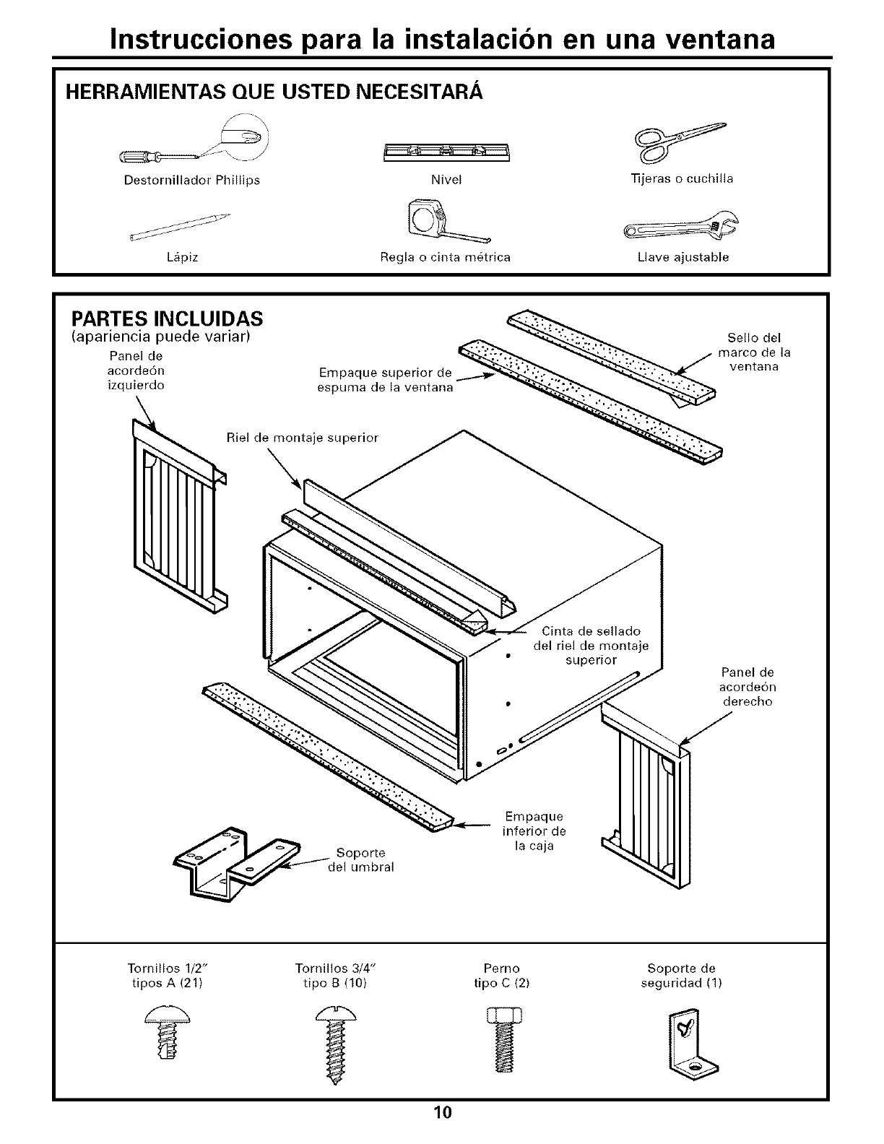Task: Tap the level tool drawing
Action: pyautogui.click(x=446, y=151)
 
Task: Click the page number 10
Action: pyautogui.click(x=442, y=1111)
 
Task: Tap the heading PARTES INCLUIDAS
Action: pyautogui.click(x=166, y=318)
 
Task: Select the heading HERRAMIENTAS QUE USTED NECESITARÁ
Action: pyautogui.click(x=274, y=92)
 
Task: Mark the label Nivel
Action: pyautogui.click(x=446, y=179)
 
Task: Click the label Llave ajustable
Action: pyautogui.click(x=682, y=257)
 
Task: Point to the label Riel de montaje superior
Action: pyautogui.click(x=302, y=438)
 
